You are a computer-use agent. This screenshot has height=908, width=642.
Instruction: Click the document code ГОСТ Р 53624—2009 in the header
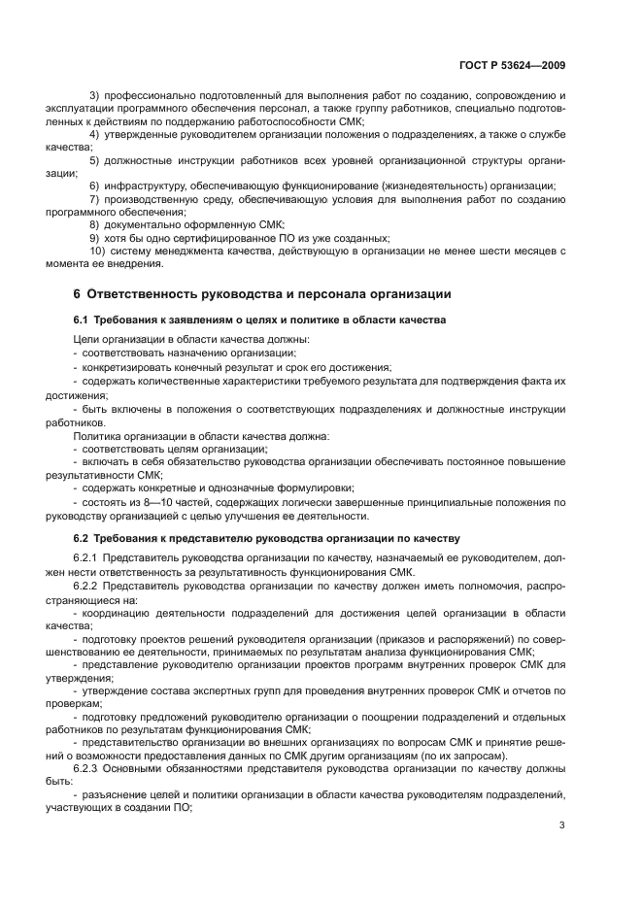[x=511, y=65]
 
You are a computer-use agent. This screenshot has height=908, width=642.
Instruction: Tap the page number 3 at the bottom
[x=562, y=825]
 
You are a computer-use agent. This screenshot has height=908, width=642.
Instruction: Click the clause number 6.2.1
[x=87, y=559]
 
